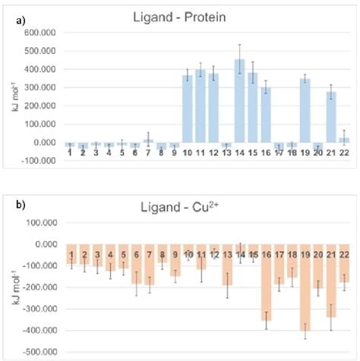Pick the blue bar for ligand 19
[305, 110]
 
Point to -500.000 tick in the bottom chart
[40, 353]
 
